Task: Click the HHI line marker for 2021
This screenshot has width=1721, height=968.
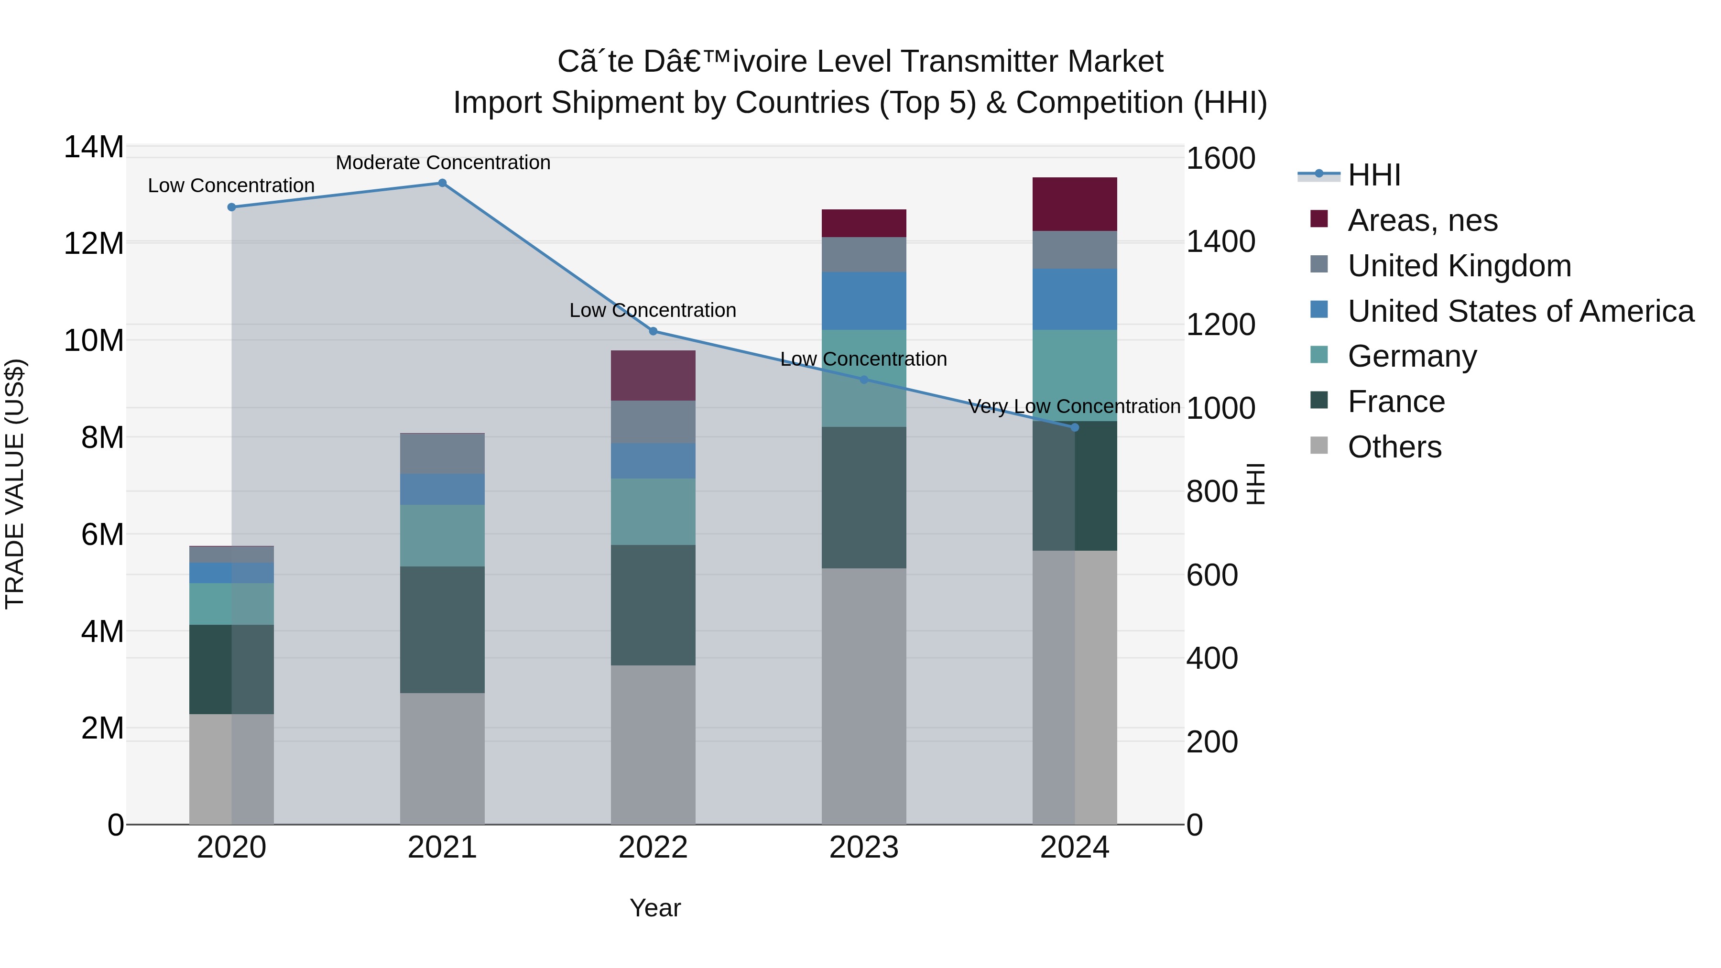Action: [442, 183]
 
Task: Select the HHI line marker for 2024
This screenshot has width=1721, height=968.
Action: [1074, 427]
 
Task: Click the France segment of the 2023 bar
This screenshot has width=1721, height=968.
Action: [863, 498]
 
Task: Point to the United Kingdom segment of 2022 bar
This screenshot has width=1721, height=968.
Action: [653, 422]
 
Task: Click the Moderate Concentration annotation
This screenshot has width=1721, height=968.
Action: [443, 163]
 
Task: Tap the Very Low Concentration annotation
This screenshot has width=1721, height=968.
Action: [1074, 406]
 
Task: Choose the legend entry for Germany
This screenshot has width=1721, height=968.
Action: [1412, 356]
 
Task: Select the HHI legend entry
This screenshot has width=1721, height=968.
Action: [1373, 175]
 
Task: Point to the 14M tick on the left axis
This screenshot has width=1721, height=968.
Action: [94, 147]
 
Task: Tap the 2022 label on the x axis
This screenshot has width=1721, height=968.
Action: [653, 847]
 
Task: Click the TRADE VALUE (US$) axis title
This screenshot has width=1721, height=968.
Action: [15, 484]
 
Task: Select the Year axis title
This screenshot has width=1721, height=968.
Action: [655, 908]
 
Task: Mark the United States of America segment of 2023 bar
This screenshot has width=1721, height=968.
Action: [863, 301]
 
